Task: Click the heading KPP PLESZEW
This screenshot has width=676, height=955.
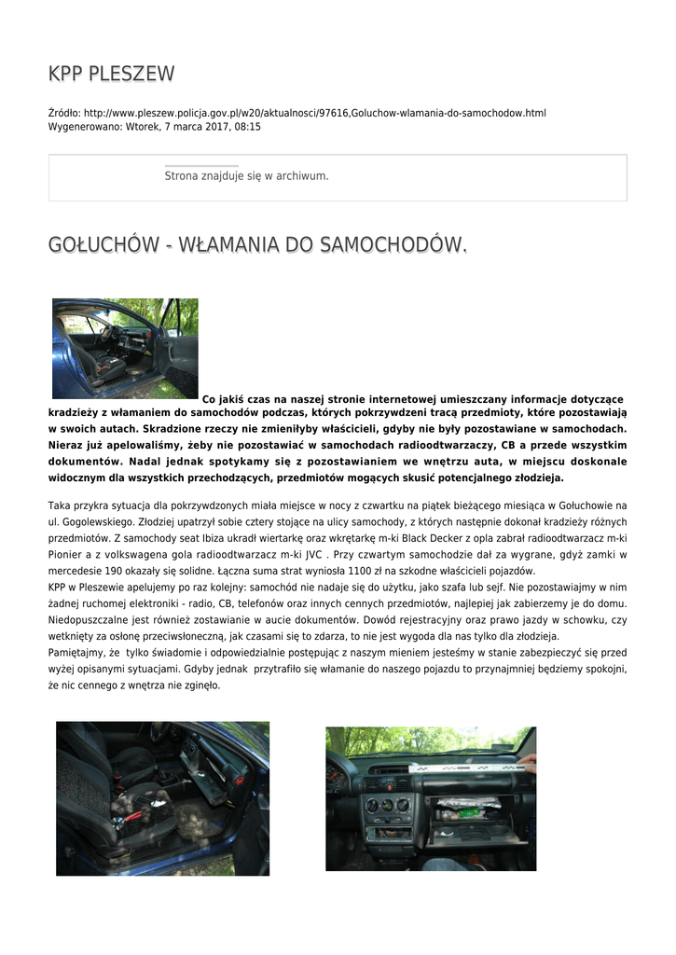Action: click(111, 74)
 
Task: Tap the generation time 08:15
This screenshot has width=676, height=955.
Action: click(248, 126)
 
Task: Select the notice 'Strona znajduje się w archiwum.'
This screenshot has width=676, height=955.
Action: click(246, 175)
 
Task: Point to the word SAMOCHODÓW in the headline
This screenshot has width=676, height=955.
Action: click(392, 245)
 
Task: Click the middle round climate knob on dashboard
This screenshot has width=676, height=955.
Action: click(388, 805)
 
